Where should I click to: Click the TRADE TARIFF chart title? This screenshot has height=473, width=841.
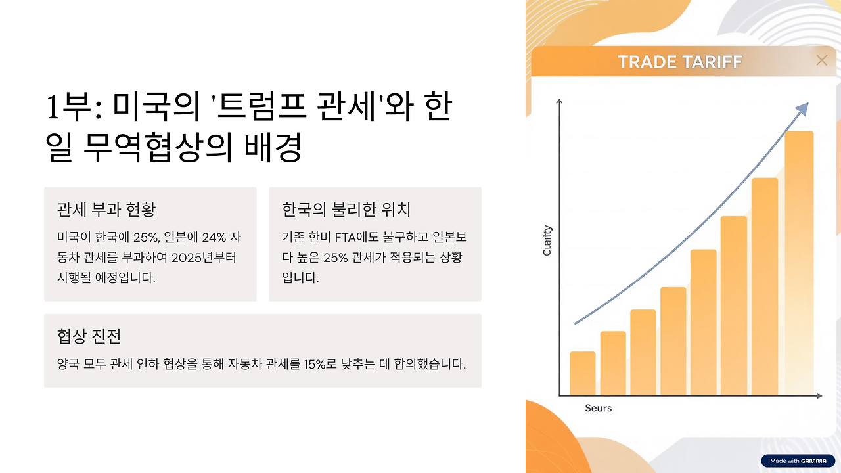point(680,62)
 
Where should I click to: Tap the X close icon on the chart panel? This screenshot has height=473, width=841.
point(822,60)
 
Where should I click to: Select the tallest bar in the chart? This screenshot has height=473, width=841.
point(800,263)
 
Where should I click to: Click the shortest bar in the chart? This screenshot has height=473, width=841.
point(583,373)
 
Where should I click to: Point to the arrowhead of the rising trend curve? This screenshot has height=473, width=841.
point(802,109)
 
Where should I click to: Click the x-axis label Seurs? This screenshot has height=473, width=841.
point(599,408)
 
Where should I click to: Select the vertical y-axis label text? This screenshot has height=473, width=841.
point(547,240)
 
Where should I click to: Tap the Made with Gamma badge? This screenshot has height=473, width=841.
point(798,461)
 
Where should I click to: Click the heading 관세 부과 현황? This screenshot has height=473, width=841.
point(106,209)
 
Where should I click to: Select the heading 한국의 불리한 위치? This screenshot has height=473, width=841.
point(346,209)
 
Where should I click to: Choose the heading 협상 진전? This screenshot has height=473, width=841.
point(89,336)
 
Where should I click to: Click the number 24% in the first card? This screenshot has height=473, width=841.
point(214,237)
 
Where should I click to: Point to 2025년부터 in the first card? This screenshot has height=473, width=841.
point(204,258)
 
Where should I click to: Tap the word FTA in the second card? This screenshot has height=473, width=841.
point(345,237)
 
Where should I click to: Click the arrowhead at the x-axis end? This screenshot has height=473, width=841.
point(819,395)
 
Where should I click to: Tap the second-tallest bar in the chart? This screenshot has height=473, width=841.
point(765,286)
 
